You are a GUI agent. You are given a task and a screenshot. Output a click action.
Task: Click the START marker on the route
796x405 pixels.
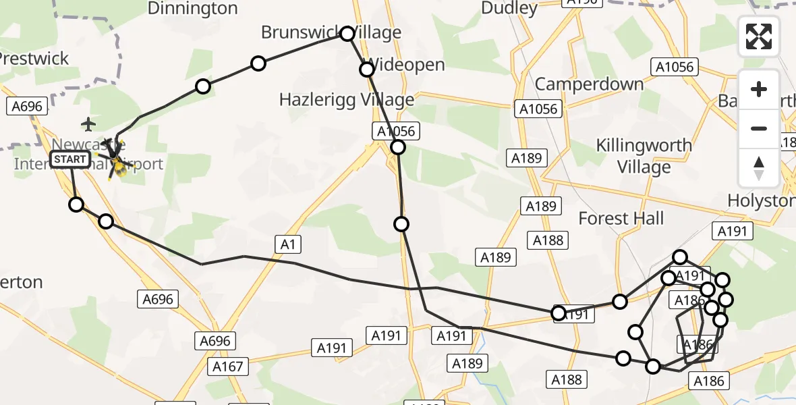click(70, 160)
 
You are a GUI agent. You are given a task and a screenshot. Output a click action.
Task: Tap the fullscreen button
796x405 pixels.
click(759, 36)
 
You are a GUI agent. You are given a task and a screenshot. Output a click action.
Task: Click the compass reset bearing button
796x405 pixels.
click(759, 167)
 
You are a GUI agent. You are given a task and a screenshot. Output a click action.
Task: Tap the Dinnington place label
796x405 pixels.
click(192, 9)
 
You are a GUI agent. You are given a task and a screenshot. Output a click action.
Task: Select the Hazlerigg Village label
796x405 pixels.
click(347, 100)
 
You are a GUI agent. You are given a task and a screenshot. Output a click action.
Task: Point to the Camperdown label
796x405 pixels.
click(590, 84)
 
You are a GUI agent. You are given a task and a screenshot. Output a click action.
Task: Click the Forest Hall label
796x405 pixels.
click(621, 218)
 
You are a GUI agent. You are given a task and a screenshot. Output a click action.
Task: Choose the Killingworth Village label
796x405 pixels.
click(644, 156)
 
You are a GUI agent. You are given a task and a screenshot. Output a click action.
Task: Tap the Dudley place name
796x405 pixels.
click(509, 9)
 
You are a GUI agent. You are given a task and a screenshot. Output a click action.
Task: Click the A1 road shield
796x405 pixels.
click(287, 245)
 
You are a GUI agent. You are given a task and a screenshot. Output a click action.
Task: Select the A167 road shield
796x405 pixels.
click(229, 367)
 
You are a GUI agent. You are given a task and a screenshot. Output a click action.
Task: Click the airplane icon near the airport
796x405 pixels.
click(88, 124)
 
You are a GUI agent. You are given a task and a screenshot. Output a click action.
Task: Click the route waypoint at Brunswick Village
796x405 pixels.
click(347, 34)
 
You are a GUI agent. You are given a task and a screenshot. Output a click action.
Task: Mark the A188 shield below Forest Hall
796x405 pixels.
click(548, 240)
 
